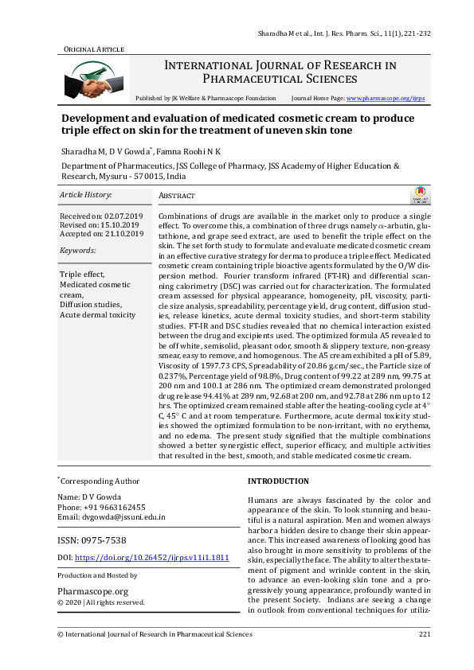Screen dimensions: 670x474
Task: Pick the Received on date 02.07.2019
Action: click(x=123, y=216)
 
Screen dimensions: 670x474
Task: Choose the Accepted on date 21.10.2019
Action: click(x=124, y=234)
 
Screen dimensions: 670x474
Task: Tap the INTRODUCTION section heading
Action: click(x=278, y=481)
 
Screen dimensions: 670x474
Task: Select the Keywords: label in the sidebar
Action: click(x=78, y=251)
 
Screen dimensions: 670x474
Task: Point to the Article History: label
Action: click(x=86, y=195)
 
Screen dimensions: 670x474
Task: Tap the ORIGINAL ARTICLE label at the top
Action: click(x=94, y=49)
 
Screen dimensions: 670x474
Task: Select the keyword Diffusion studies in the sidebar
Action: click(x=89, y=304)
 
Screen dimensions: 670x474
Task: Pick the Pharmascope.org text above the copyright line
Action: click(x=92, y=591)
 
